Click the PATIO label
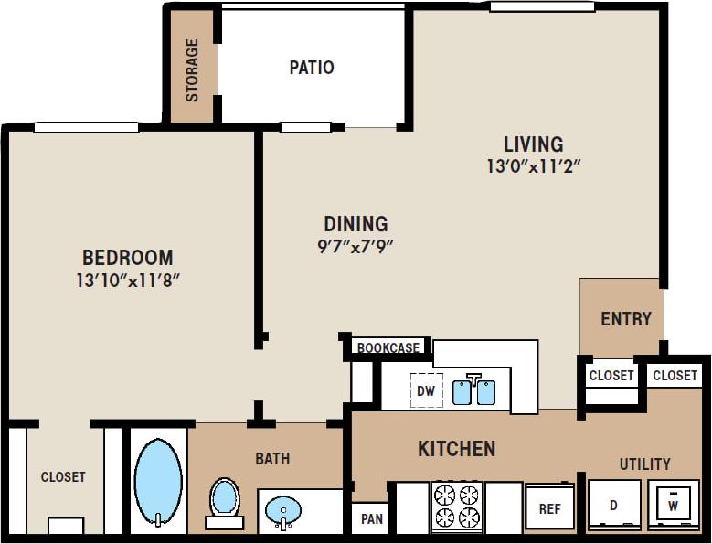tap(312, 68)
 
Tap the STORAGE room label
tap(193, 69)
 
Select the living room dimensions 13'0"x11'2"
tap(535, 166)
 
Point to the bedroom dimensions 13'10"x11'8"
tap(127, 281)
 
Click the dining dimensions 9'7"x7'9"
tap(356, 245)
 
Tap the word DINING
tap(356, 224)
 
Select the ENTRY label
tap(626, 319)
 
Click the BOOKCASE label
tap(388, 347)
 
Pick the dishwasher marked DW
tap(426, 390)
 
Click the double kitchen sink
tap(474, 391)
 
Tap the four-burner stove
tap(456, 506)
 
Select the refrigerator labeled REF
tap(549, 508)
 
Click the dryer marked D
tap(613, 505)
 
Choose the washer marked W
tap(674, 504)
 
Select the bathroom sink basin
tap(284, 508)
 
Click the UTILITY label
tap(645, 464)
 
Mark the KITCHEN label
tap(456, 449)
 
